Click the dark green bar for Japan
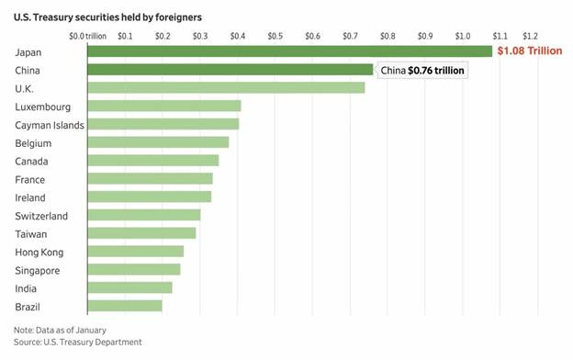pos(289,51)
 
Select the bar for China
pos(230,70)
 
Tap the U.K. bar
pos(226,88)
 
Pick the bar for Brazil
pos(125,306)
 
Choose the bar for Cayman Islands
pos(163,124)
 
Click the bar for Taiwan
pos(141,233)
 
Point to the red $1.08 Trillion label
pos(529,51)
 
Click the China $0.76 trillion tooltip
pos(422,71)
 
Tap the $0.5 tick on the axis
pos(275,36)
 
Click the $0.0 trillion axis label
pos(88,36)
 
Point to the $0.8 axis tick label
pos(387,36)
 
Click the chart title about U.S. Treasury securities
pos(108,17)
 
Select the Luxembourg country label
pos(44,107)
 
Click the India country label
pos(28,288)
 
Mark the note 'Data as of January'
pos(60,330)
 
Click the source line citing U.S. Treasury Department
pos(78,342)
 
